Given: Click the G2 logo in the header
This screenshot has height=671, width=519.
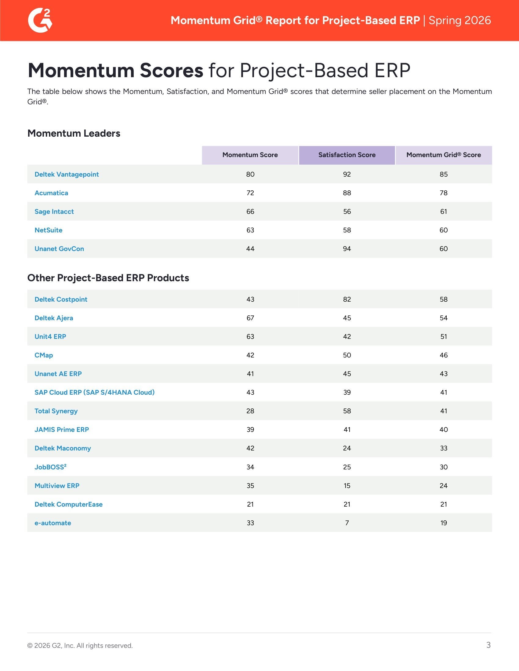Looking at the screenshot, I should pyautogui.click(x=40, y=20).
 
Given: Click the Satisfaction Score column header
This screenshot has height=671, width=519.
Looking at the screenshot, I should pyautogui.click(x=347, y=155).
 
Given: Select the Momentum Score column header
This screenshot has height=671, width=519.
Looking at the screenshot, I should pyautogui.click(x=250, y=155).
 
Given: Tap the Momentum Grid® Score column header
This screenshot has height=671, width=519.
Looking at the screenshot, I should pyautogui.click(x=443, y=155).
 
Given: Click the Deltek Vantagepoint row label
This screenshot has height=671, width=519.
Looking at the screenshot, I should pyautogui.click(x=67, y=174).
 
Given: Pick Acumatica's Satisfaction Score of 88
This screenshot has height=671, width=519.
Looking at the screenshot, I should pyautogui.click(x=347, y=193).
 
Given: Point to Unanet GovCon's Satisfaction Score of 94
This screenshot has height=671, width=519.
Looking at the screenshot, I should pyautogui.click(x=347, y=249).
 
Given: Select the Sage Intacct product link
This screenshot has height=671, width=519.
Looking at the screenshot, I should pyautogui.click(x=54, y=211).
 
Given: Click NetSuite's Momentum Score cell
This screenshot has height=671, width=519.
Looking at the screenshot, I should pyautogui.click(x=250, y=230).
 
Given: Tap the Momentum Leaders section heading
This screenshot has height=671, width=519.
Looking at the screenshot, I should pyautogui.click(x=74, y=133).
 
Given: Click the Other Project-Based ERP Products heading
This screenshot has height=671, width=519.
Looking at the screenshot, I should pyautogui.click(x=108, y=278).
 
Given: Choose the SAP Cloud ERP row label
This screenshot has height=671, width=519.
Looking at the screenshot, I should pyautogui.click(x=94, y=392).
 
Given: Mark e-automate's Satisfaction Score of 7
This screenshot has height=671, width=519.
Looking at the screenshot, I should pyautogui.click(x=347, y=523).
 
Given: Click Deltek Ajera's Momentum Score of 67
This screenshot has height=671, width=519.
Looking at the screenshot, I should pyautogui.click(x=250, y=318).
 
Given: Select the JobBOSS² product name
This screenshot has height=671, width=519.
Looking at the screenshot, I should pyautogui.click(x=50, y=467).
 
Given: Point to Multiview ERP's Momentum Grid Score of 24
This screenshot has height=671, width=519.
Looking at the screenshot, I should pyautogui.click(x=443, y=486).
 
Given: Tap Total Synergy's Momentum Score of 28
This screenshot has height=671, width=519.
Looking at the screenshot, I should pyautogui.click(x=250, y=411).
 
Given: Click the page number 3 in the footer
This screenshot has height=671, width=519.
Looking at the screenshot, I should pyautogui.click(x=488, y=645).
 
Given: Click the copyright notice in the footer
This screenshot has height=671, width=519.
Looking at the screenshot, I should pyautogui.click(x=80, y=645).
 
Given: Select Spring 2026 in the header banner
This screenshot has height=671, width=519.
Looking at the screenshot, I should pyautogui.click(x=460, y=20).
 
